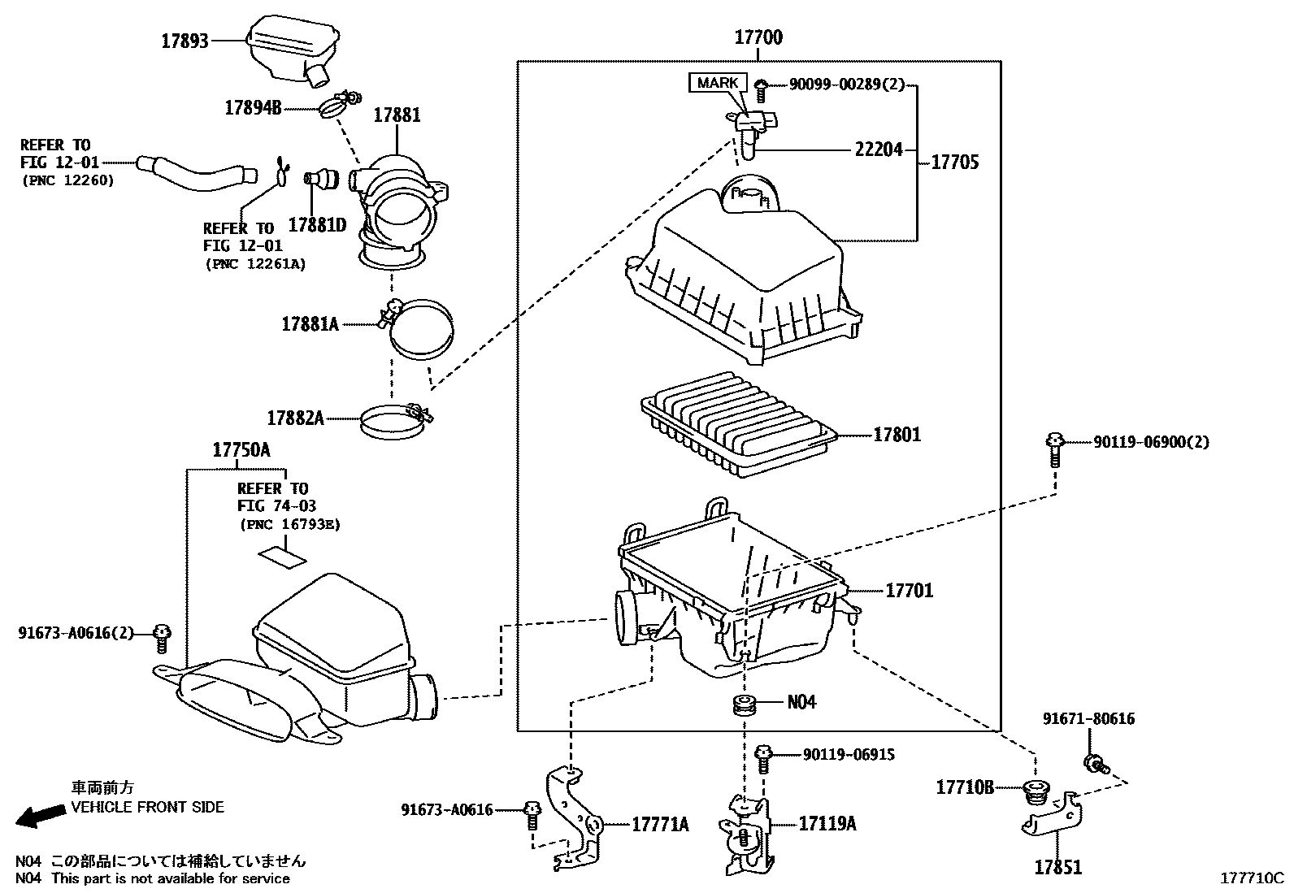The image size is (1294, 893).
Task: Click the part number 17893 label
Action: tap(185, 41)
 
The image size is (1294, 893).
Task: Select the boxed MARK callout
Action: tap(718, 83)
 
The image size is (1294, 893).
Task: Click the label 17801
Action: tap(897, 435)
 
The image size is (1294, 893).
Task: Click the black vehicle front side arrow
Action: tap(41, 816)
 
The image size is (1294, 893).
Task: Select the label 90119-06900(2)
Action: tap(1151, 442)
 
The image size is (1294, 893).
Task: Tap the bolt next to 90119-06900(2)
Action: tap(1054, 449)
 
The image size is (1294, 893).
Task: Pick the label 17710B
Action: tap(965, 787)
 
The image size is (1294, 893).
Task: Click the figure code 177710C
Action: tap(1251, 878)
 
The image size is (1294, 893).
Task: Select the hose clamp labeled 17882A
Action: tap(394, 420)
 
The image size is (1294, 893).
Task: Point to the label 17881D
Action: tap(317, 225)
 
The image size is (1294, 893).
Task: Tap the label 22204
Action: tap(878, 150)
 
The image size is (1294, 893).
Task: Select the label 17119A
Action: tap(827, 823)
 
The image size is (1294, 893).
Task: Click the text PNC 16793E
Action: tap(290, 524)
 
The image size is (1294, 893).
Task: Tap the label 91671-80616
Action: tap(1089, 718)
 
